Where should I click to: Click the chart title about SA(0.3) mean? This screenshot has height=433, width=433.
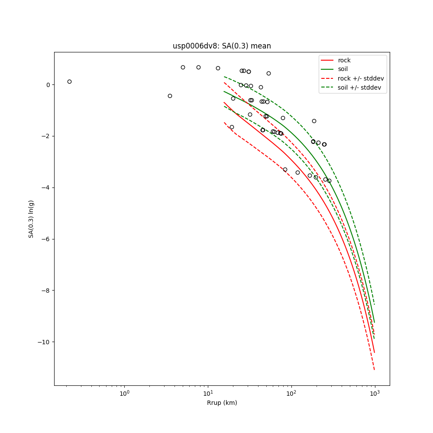[x=222, y=46]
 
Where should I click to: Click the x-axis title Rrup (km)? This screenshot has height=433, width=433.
[x=222, y=403]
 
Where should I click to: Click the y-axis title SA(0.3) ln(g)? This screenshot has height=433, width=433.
[x=31, y=219]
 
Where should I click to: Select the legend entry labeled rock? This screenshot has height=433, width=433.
[x=344, y=60]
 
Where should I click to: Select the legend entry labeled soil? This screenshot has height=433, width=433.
[x=343, y=69]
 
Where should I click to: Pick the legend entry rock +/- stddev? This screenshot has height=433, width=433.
[x=361, y=78]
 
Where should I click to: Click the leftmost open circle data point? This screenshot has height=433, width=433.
[x=69, y=81]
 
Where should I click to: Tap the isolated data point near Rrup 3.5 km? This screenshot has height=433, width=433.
[x=170, y=96]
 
